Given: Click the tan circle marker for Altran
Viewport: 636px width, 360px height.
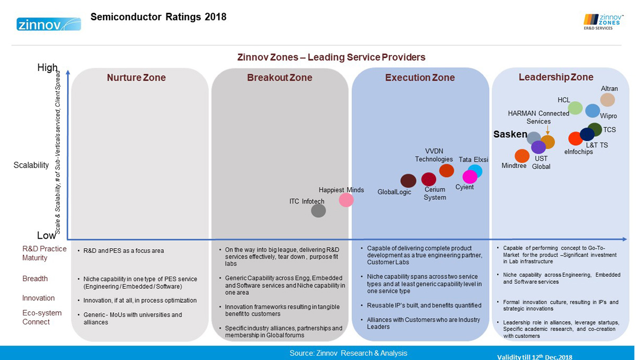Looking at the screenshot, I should point(607,100).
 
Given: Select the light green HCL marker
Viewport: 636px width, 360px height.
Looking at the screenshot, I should point(575,108).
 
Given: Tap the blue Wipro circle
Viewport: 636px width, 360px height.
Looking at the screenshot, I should point(592,110).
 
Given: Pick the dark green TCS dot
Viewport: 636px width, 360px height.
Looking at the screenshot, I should point(595,129).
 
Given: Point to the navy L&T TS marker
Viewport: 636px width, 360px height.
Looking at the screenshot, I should point(587,135).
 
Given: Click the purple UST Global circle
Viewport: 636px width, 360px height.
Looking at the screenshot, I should point(538,147).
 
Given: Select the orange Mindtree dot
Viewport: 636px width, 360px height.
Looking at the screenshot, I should point(522,156).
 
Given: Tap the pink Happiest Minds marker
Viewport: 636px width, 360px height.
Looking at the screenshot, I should point(346,200).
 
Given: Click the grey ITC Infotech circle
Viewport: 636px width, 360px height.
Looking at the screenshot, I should point(318,210).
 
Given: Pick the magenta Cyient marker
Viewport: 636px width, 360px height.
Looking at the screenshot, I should point(470,177).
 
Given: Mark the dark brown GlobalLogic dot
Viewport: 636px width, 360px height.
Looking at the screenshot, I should point(408,181).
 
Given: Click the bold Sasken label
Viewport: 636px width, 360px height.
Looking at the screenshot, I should point(510,135).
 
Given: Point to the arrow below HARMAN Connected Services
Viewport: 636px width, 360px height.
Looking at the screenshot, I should point(547,130).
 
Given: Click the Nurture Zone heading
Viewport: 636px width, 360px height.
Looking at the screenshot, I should point(136,78).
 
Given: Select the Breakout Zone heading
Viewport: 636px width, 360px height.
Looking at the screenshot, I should point(279,78).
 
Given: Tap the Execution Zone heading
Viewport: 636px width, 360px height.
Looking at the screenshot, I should point(420,78).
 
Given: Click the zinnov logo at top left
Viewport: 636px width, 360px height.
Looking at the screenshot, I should point(49,24).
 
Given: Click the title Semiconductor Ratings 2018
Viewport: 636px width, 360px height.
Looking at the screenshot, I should point(158,17).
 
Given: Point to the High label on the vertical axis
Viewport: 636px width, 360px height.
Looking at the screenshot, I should point(47,68).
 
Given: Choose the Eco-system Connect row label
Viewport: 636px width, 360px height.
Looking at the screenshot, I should point(42,317).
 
